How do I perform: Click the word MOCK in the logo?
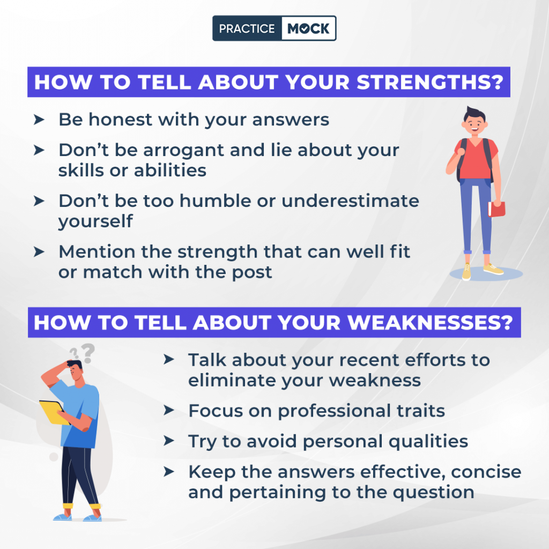(308, 28)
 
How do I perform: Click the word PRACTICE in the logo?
(247, 28)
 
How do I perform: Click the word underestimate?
(351, 201)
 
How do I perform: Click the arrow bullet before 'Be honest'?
(39, 120)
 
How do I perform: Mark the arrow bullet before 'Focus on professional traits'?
(169, 411)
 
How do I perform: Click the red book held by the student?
(497, 209)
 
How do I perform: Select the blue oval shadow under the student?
(486, 274)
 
